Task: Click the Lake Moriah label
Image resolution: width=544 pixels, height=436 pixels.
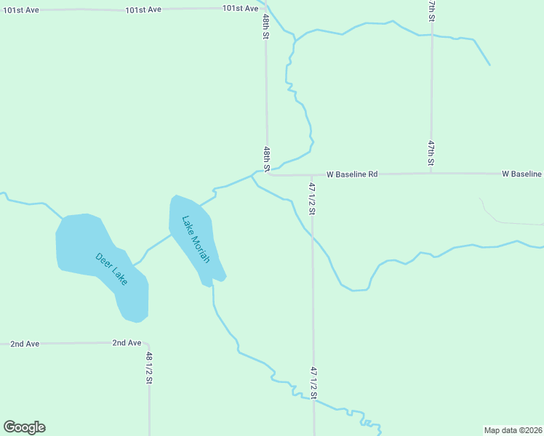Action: click(x=196, y=239)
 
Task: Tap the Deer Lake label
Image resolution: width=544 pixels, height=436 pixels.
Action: click(x=111, y=268)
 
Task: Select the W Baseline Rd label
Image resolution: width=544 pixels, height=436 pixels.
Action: click(x=353, y=174)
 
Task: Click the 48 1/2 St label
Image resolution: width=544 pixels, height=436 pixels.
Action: click(x=149, y=368)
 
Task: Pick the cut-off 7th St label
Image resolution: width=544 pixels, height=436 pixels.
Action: click(x=431, y=10)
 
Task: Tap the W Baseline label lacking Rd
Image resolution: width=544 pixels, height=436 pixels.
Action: click(x=521, y=174)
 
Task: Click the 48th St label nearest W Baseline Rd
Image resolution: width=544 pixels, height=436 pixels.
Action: click(x=267, y=158)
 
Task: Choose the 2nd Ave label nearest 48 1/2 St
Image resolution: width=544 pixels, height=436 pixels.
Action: click(x=127, y=342)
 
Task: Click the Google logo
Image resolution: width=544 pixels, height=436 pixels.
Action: click(x=24, y=427)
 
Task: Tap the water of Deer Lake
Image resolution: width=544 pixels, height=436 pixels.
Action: click(x=80, y=243)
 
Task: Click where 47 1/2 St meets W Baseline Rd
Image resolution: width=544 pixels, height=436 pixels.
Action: click(x=312, y=174)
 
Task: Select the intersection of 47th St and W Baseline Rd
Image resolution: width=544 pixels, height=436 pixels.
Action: click(x=431, y=174)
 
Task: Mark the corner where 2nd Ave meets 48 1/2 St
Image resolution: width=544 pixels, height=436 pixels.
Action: click(x=148, y=344)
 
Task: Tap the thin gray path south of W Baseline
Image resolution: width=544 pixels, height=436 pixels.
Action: click(x=502, y=221)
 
